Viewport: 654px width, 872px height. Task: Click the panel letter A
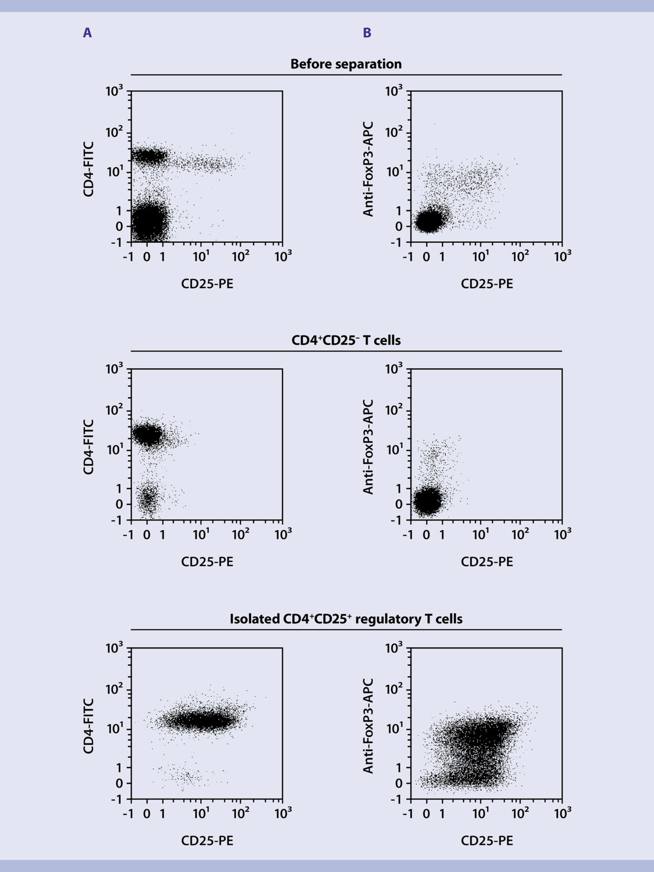pos(87,33)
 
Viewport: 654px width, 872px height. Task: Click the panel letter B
pos(367,33)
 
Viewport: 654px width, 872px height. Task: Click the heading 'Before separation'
pos(346,64)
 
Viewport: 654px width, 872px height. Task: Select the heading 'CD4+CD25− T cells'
pos(346,340)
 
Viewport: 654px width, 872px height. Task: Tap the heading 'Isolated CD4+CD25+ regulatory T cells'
pos(346,619)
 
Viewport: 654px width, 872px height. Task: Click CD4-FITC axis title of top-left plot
pos(89,169)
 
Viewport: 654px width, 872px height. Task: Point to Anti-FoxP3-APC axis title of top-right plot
pos(368,169)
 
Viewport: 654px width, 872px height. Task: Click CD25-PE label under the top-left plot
pos(207,284)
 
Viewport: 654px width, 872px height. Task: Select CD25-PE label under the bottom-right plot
pos(487,841)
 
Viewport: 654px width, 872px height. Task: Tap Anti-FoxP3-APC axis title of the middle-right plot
pos(368,447)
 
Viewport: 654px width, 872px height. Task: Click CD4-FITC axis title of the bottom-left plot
pos(89,726)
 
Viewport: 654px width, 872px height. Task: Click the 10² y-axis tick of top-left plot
pos(113,133)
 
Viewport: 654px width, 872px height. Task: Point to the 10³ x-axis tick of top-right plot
pos(562,257)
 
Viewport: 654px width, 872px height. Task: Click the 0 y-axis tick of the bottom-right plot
pos(399,783)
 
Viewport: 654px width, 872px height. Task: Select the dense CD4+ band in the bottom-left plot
pos(200,720)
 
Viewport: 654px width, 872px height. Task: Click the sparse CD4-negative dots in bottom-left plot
pos(186,776)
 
